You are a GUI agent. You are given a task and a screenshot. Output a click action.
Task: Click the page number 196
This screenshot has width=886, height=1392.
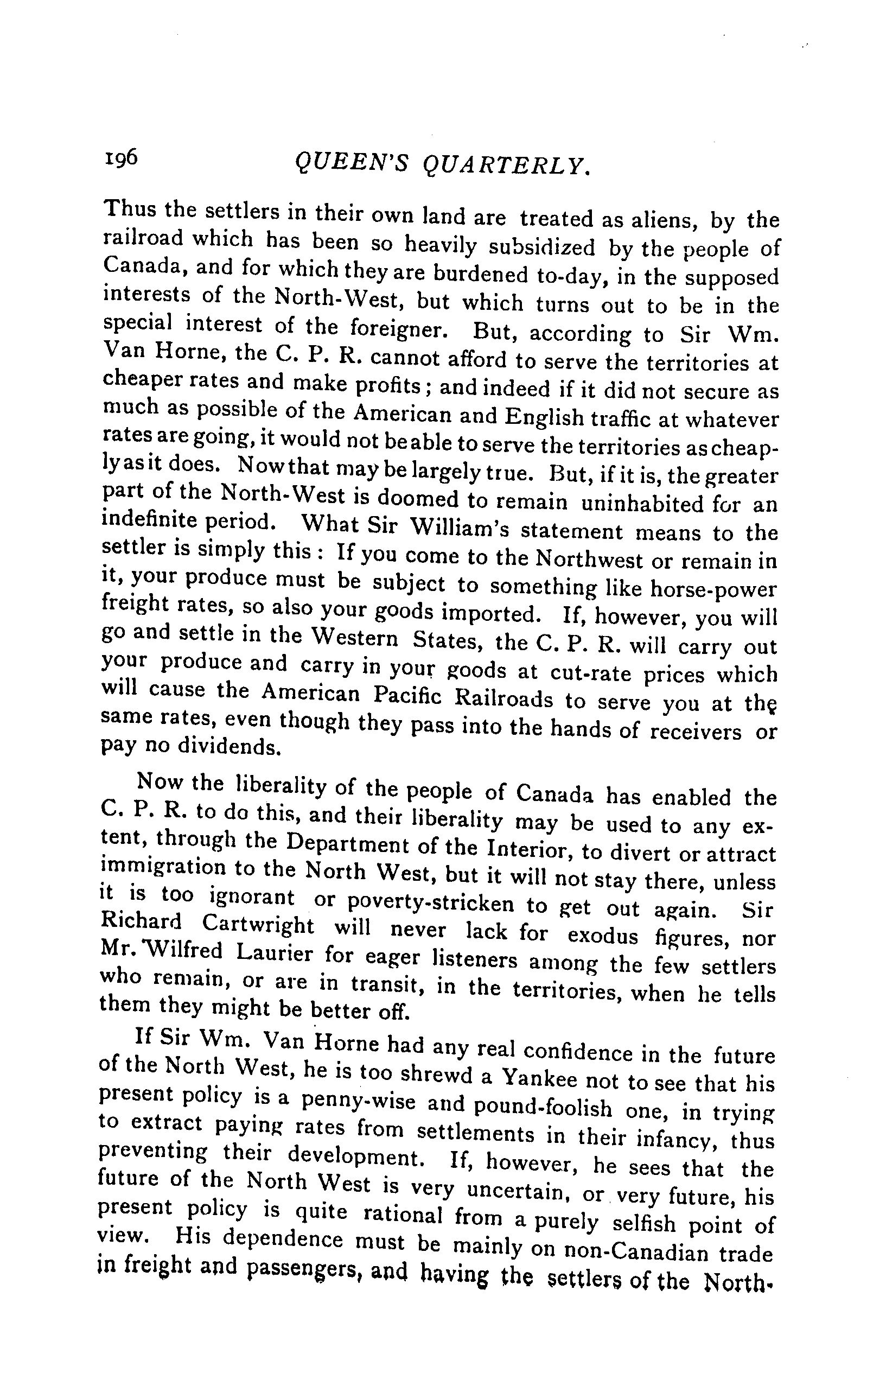[x=121, y=157]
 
